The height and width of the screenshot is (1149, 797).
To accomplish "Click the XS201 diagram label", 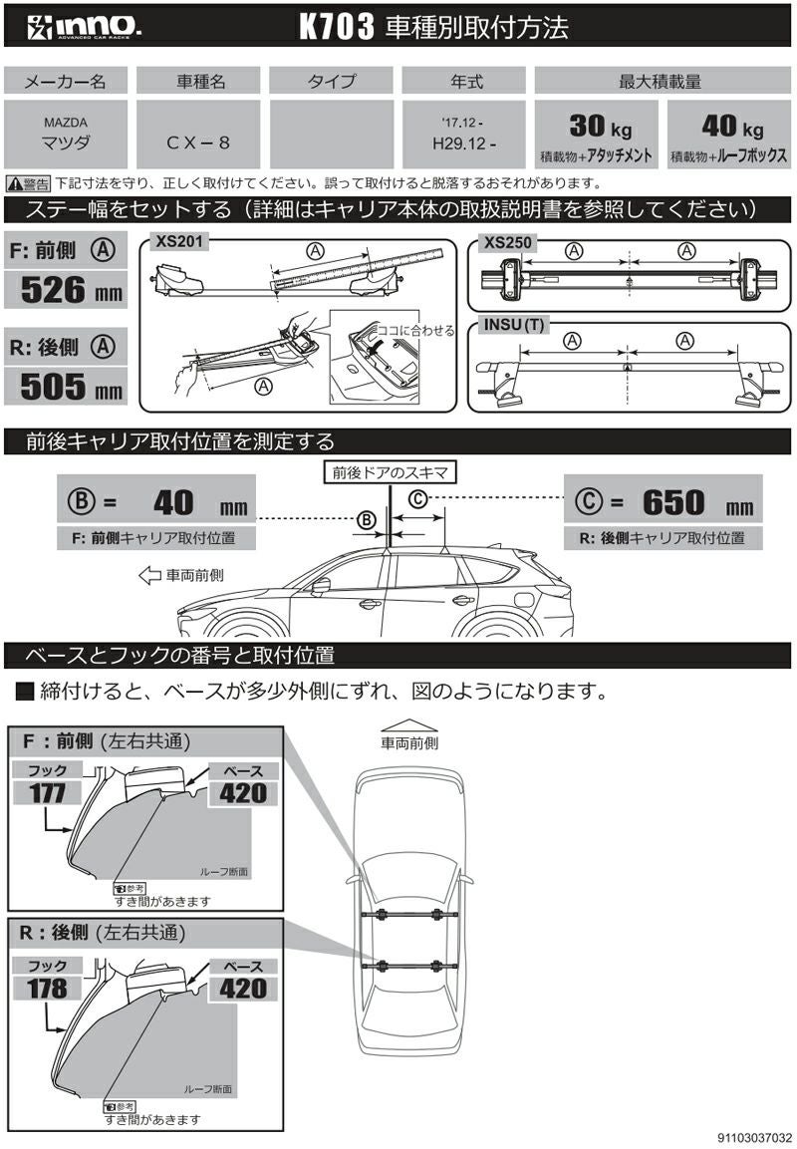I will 175,241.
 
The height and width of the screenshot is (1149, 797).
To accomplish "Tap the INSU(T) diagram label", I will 513,323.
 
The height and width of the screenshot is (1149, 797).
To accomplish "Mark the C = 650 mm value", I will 663,502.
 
